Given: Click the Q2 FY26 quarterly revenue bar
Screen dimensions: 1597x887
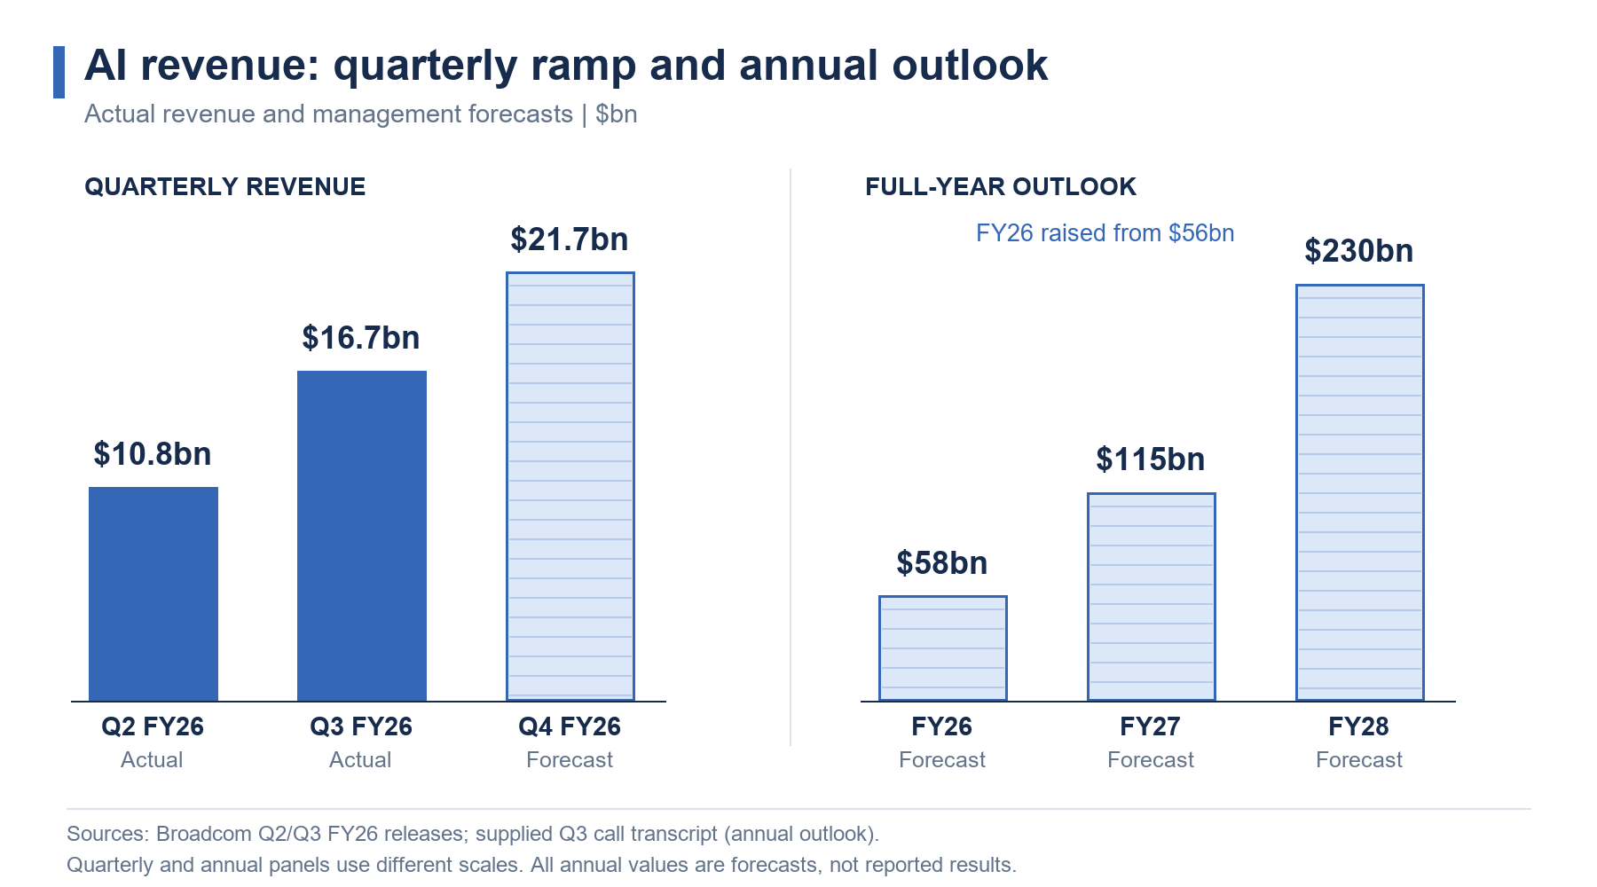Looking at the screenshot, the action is tap(153, 594).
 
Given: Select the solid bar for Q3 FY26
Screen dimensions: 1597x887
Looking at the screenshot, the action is tap(362, 536).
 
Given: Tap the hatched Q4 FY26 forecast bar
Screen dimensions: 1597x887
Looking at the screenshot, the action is tap(570, 486).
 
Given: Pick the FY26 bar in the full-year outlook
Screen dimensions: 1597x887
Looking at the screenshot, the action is tap(943, 648).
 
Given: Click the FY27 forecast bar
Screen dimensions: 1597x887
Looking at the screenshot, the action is tap(1152, 597).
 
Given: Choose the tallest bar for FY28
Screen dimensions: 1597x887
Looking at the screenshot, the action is tap(1360, 493).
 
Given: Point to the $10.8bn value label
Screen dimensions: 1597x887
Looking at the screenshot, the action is tap(153, 454).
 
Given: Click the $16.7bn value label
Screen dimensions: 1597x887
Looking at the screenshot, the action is tap(361, 338).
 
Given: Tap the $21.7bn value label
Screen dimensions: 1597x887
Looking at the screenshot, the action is tap(570, 239).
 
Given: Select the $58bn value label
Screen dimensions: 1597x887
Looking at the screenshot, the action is tap(942, 563).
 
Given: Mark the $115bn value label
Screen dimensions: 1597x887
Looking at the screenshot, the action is tap(1151, 459).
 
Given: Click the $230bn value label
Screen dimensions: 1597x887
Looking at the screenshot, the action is tap(1359, 251).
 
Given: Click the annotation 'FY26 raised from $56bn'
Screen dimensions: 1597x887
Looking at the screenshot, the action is tap(1105, 233).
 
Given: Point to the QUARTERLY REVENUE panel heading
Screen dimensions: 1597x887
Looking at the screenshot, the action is tap(225, 187).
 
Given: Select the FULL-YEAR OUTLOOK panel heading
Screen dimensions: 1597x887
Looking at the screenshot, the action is tap(1001, 187).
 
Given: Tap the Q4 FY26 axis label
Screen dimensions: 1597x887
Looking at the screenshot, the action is tap(570, 727).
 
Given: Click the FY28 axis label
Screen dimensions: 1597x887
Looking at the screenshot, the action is tap(1359, 727).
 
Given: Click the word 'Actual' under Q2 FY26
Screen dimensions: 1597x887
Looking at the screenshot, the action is tap(152, 760).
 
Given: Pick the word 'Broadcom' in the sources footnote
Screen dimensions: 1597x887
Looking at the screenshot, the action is tap(204, 835).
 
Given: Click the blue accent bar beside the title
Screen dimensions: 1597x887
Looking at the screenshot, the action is tap(59, 72).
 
